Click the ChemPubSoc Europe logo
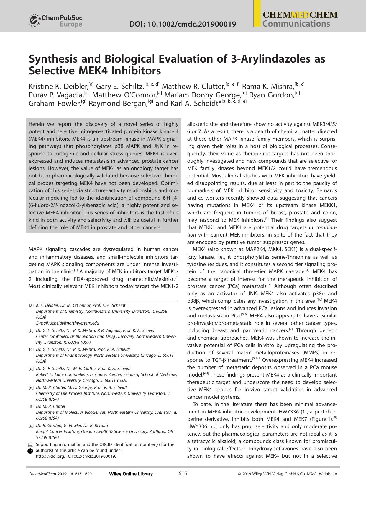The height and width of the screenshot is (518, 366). tap(55, 21)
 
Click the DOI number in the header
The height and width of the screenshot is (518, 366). tap(183, 24)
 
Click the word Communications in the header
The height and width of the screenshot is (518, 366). tap(296, 24)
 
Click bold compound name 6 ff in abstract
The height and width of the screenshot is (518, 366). tap(166, 198)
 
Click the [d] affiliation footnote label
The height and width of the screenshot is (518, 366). tap(31, 369)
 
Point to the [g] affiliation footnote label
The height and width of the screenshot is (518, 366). tap(31, 426)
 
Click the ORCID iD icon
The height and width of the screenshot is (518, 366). tap(30, 451)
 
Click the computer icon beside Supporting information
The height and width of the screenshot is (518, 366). tap(30, 445)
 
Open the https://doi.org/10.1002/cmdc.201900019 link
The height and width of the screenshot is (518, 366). tap(76, 456)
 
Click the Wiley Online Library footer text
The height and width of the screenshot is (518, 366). tap(131, 474)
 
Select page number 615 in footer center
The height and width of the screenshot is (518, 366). tap(183, 474)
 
